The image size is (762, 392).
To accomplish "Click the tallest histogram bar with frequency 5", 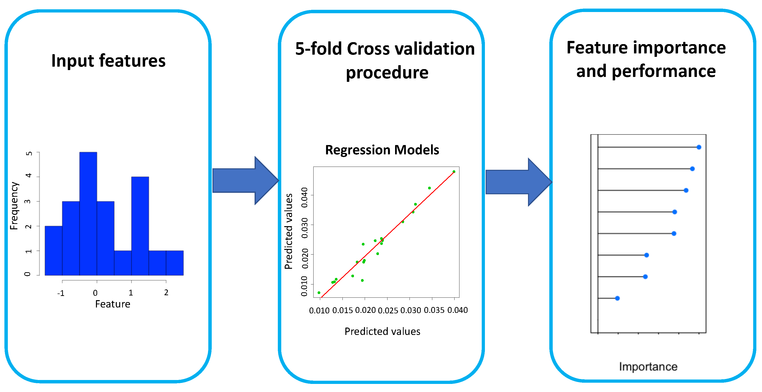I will coord(88,213).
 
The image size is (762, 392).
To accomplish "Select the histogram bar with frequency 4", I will coord(140,226).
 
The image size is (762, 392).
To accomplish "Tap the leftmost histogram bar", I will coord(54,250).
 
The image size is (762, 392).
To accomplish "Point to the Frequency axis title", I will coord(14,206).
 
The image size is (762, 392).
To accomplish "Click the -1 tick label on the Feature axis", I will coord(61,293).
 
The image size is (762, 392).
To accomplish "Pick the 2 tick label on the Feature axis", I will coord(166,293).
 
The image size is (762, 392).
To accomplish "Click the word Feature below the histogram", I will coord(112,304).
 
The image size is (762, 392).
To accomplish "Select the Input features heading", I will coord(108,61).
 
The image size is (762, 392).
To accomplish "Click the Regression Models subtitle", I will coord(382,150).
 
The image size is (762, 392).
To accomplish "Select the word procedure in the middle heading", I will coord(387,73).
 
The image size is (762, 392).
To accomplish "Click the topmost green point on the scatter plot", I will coord(454,172).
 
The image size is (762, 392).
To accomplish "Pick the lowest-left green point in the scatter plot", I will coord(319,293).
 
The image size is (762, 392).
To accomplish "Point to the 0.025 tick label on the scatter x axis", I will coord(388,310).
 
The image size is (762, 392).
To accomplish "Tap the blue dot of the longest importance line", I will coord(699,147).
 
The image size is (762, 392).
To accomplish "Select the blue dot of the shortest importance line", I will coord(617,298).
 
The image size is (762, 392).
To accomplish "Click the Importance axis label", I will coord(648,367).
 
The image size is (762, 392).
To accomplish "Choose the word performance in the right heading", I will coord(664,71).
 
